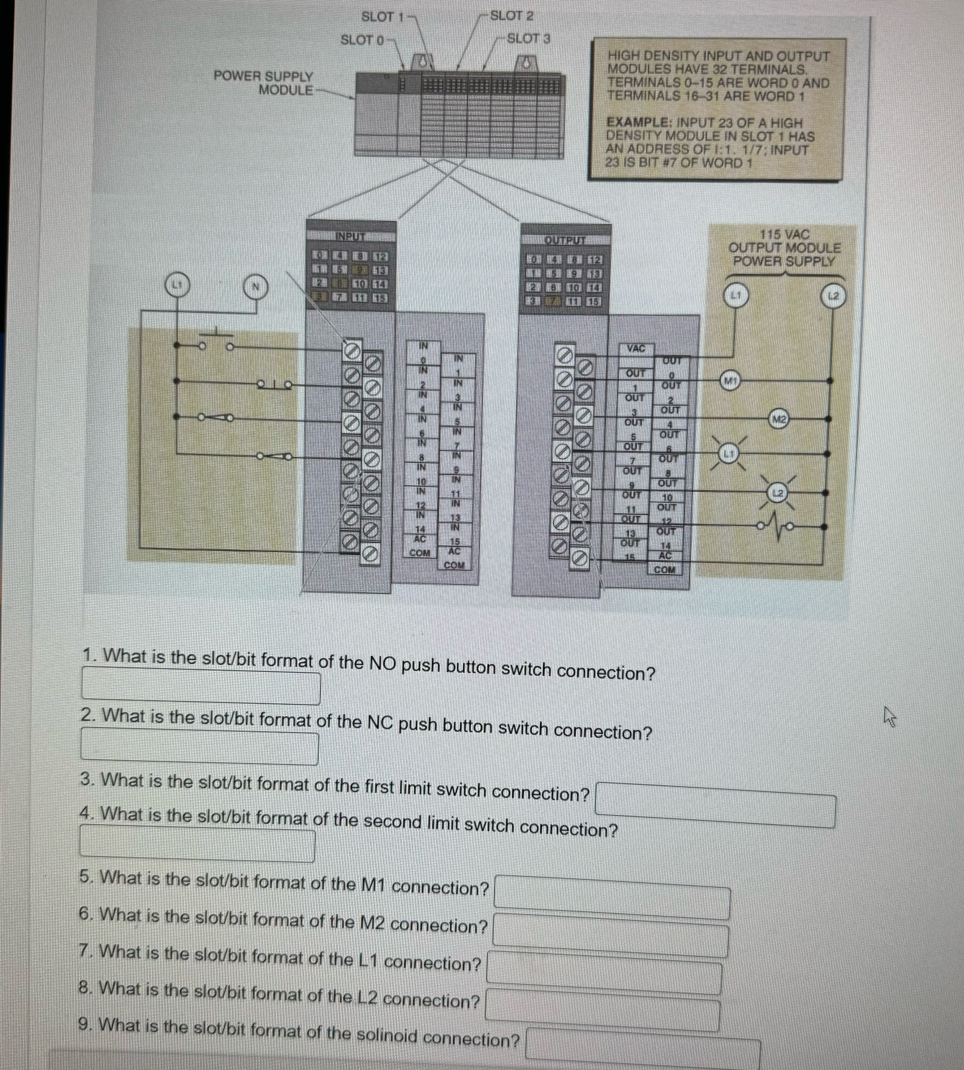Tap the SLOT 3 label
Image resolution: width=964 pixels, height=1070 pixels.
point(528,39)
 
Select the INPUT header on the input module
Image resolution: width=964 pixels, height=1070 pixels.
point(351,236)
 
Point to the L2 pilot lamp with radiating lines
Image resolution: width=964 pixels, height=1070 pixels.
point(777,493)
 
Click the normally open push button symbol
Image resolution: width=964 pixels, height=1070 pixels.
point(216,342)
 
